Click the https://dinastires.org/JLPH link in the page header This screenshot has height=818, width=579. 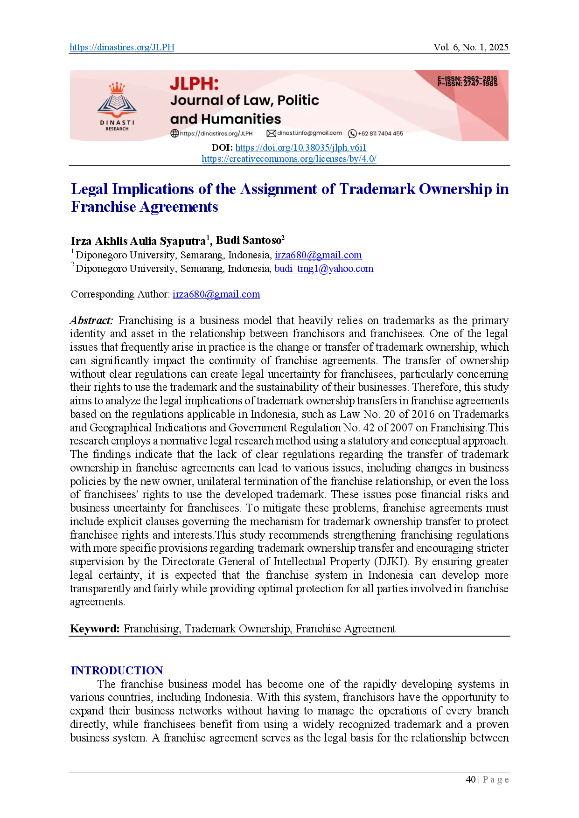(122, 47)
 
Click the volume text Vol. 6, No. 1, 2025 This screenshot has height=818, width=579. (471, 47)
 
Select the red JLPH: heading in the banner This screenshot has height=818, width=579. (194, 84)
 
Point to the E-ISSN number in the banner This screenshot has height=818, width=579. (467, 79)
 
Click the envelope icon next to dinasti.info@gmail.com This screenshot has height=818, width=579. (271, 133)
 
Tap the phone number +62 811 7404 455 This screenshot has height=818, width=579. (380, 133)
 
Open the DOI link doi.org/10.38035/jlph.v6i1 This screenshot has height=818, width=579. (300, 147)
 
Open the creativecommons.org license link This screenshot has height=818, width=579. (289, 159)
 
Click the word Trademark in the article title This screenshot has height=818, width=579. (377, 189)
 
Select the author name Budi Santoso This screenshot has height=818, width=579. (248, 240)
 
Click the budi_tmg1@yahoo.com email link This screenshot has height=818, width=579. (324, 269)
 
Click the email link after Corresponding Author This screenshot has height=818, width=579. (216, 294)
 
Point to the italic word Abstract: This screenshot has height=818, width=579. (91, 320)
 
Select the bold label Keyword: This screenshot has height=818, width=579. (95, 629)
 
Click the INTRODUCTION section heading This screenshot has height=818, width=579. (117, 671)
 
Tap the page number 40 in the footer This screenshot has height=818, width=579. (471, 779)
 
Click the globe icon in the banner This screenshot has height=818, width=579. (174, 133)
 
